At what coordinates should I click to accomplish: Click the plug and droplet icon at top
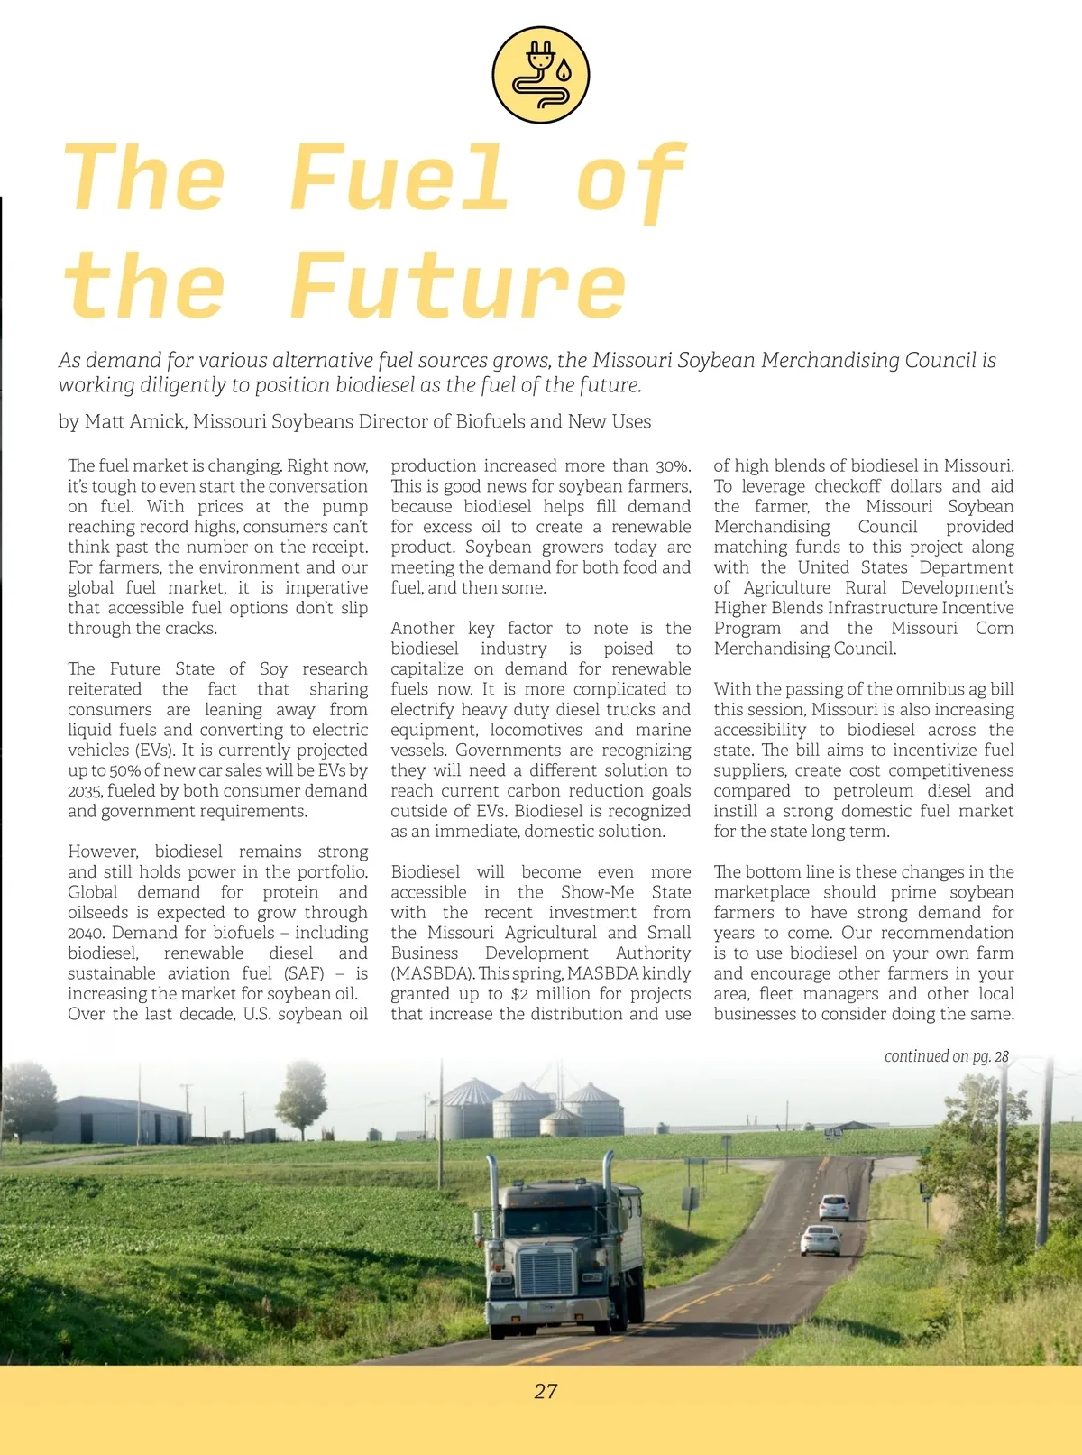pyautogui.click(x=541, y=74)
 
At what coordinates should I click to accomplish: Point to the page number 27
pyautogui.click(x=546, y=1391)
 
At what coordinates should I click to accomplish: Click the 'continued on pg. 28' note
pyautogui.click(x=946, y=1056)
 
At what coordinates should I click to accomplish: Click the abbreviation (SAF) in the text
pyautogui.click(x=304, y=973)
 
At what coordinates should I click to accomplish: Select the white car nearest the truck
pyautogui.click(x=821, y=1240)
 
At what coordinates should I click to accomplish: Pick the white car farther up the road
pyautogui.click(x=834, y=1207)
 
